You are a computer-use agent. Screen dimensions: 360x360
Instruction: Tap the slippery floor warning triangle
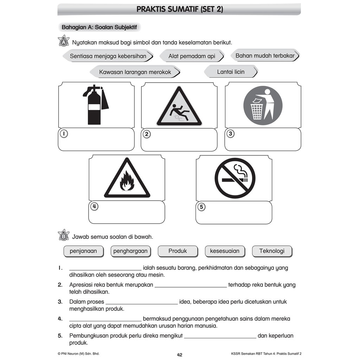[x=179, y=108]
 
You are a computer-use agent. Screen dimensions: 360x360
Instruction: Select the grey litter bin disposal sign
[x=263, y=105]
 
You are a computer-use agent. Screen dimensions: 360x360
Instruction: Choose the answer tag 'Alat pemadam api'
[x=192, y=56]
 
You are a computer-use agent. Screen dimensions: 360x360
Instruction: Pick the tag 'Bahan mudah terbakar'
[x=265, y=56]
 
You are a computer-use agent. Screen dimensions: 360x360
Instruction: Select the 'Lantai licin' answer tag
[x=231, y=72]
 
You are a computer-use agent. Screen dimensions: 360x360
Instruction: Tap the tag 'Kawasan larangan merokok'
[x=135, y=72]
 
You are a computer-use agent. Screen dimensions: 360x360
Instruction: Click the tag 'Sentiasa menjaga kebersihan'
[x=108, y=56]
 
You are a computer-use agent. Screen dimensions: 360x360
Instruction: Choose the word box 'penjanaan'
[x=83, y=251]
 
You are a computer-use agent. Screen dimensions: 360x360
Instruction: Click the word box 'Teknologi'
[x=272, y=251]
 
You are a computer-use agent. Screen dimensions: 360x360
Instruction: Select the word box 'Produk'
[x=178, y=251]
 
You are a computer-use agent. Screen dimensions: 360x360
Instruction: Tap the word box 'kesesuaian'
[x=225, y=251]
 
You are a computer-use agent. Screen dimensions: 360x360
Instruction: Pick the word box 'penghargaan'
[x=130, y=251]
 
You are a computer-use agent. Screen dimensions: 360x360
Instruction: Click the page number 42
[x=180, y=355]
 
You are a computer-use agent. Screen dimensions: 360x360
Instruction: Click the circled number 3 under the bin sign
[x=230, y=134]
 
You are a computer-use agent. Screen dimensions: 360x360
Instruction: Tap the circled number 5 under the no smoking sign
[x=201, y=207]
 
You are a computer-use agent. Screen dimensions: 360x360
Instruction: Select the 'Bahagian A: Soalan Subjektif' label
[x=99, y=27]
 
